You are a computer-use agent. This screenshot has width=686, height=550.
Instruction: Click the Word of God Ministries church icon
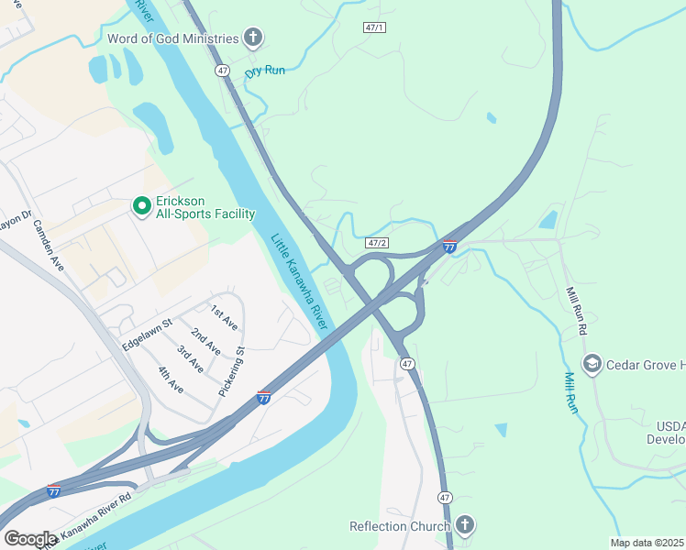point(253,38)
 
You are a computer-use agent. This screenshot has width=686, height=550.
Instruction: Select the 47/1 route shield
point(374,28)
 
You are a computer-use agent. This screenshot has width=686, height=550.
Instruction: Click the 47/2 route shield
point(377,243)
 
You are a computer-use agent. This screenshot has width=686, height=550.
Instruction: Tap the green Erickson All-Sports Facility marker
point(141,206)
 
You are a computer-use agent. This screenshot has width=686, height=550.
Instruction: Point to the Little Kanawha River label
point(300,281)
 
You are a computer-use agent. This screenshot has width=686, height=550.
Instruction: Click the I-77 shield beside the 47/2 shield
point(449,246)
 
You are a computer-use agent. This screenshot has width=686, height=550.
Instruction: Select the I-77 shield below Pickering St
point(264,397)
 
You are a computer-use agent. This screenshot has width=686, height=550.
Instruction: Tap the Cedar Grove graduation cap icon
point(592,365)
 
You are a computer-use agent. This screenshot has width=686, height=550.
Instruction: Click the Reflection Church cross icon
point(465,525)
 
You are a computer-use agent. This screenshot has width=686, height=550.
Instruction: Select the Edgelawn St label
point(147,334)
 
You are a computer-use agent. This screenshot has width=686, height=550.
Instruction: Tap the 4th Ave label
point(171,379)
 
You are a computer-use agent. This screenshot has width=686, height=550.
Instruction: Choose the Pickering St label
point(232,371)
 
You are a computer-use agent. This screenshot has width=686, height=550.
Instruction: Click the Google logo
point(30,539)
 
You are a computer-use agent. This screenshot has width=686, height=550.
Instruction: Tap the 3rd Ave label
point(190,358)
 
